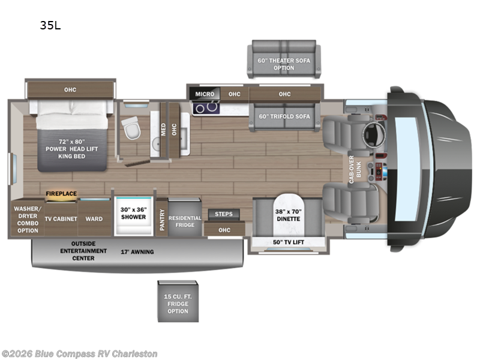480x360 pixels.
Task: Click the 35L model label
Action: point(50,25)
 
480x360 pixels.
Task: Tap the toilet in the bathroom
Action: point(130,126)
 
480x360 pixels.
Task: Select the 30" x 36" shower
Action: point(133,214)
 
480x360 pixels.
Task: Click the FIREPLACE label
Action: point(62,194)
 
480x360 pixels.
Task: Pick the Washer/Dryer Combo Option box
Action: point(26,218)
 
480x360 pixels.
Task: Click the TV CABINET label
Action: point(61,219)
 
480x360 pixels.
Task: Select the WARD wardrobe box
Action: point(94,219)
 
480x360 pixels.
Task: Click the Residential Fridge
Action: point(185,221)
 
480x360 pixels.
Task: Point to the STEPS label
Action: point(224,214)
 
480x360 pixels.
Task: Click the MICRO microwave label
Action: point(205,94)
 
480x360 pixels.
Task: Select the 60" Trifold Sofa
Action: point(284,116)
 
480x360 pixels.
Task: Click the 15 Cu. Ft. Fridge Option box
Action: point(178,303)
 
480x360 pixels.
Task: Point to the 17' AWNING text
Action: point(137,251)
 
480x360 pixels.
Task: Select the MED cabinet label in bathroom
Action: point(163,129)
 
